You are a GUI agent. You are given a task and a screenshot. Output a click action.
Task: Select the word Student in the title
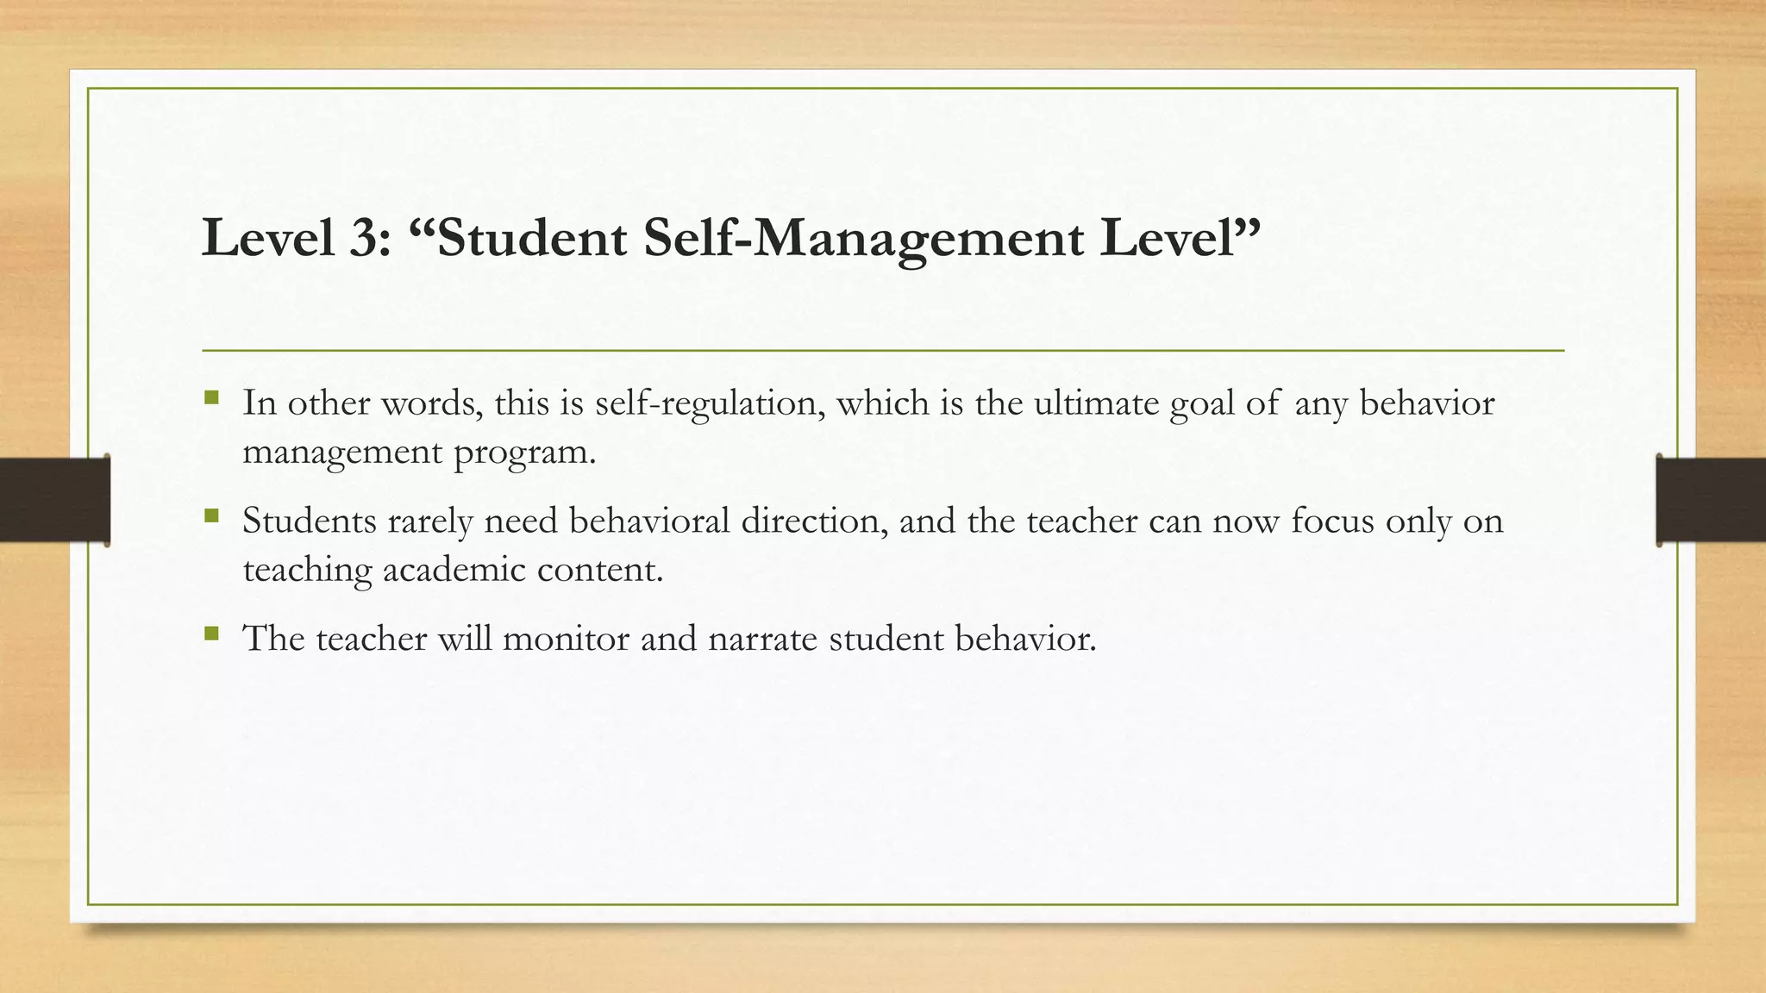tap(532, 239)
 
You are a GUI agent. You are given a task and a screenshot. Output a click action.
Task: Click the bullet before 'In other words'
tap(212, 398)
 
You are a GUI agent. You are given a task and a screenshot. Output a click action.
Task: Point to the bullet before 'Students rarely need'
tap(212, 516)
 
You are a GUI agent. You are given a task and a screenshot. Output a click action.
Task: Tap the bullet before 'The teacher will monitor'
tap(212, 634)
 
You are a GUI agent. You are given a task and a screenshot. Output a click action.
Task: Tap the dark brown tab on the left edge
tap(54, 500)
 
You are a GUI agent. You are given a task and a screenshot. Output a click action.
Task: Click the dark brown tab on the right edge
tap(1711, 500)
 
